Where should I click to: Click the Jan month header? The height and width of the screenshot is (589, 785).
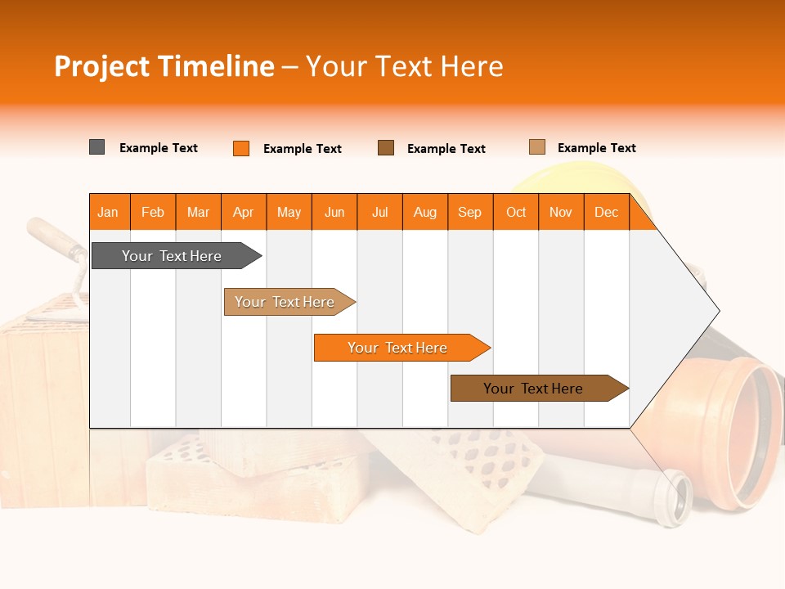point(109,212)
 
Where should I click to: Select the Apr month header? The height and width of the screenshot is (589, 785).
point(244,212)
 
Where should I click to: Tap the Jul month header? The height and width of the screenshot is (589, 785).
point(379,212)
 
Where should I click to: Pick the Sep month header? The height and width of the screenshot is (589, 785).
point(469,212)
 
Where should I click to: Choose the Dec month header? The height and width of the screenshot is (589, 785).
point(606,212)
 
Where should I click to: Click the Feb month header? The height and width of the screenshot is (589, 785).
point(153,212)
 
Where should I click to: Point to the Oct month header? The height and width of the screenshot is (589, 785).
point(516,212)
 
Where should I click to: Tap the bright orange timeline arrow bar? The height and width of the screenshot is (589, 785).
point(398,348)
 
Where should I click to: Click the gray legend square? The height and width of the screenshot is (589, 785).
point(97,147)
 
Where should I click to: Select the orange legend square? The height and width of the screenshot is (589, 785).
point(241,148)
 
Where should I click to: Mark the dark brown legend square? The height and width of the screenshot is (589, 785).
point(386,147)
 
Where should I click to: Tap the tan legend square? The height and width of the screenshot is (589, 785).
point(537,147)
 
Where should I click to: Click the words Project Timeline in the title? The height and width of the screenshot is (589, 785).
point(164,66)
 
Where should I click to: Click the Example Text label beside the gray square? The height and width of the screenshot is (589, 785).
point(159,148)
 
